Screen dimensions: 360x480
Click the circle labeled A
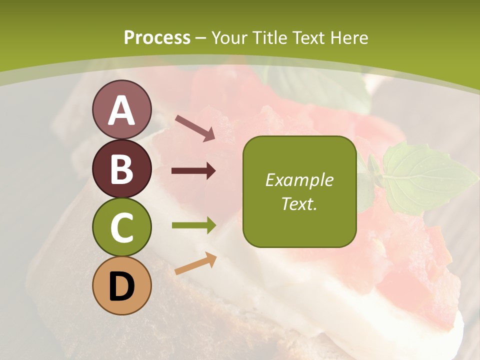pyautogui.click(x=121, y=109)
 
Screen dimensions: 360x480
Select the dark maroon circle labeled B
pyautogui.click(x=121, y=168)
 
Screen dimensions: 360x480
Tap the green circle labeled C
pyautogui.click(x=121, y=227)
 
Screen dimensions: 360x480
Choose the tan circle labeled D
pyautogui.click(x=121, y=286)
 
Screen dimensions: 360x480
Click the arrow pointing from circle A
pyautogui.click(x=195, y=127)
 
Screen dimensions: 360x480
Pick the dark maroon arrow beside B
pyautogui.click(x=193, y=171)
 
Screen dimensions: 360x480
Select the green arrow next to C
pyautogui.click(x=194, y=225)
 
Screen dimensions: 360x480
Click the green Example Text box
pyautogui.click(x=299, y=191)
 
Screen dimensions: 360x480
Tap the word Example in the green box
pyautogui.click(x=299, y=180)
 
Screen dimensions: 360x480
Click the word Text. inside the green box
pyautogui.click(x=299, y=203)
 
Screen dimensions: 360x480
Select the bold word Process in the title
pyautogui.click(x=157, y=37)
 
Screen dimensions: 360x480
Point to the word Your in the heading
pyautogui.click(x=229, y=37)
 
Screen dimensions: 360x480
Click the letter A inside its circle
pyautogui.click(x=121, y=110)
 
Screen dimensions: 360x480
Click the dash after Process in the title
pyautogui.click(x=201, y=38)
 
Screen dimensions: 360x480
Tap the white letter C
pyautogui.click(x=121, y=228)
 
